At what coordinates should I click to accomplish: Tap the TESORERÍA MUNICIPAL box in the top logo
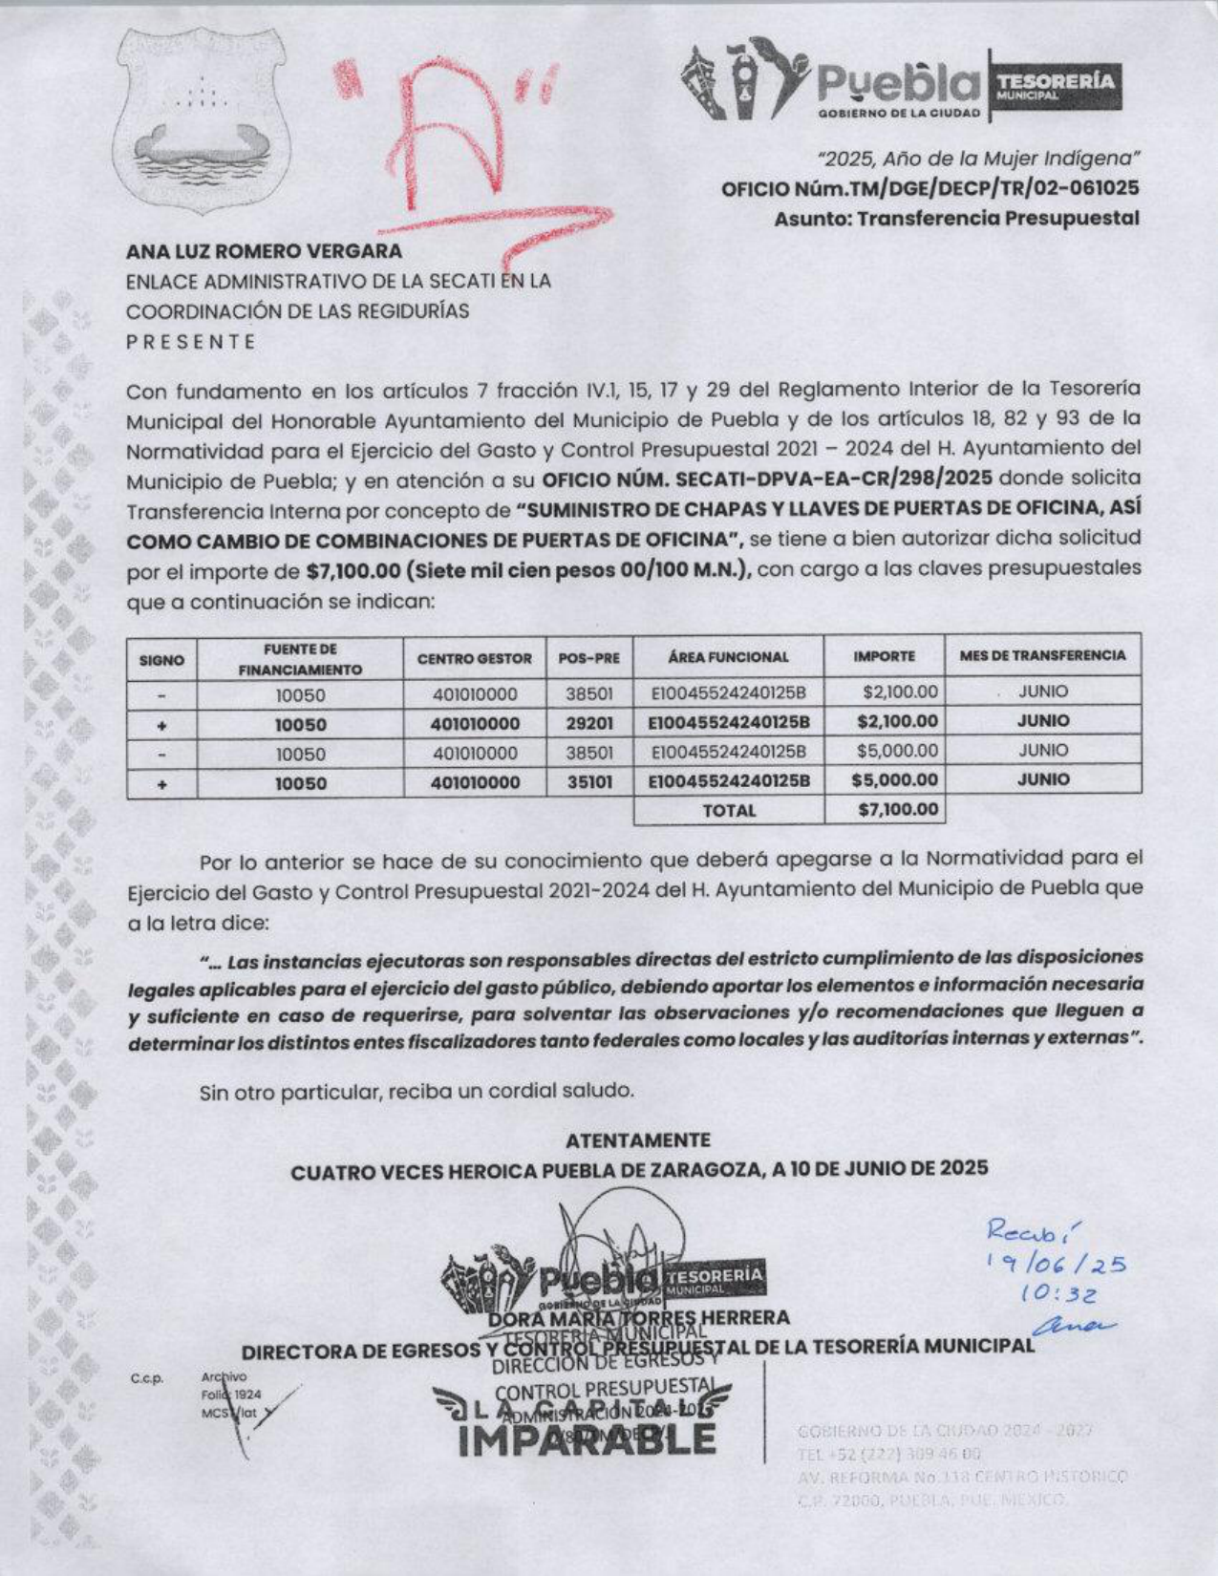pyautogui.click(x=1055, y=86)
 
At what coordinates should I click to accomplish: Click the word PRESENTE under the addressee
pyautogui.click(x=191, y=341)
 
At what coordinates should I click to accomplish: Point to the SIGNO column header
pyautogui.click(x=161, y=659)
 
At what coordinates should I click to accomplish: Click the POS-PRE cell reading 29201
pyautogui.click(x=589, y=723)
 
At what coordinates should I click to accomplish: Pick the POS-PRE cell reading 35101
pyautogui.click(x=589, y=782)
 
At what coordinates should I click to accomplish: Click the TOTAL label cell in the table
pyautogui.click(x=729, y=811)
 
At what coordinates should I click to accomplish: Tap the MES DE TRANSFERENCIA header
pyautogui.click(x=1042, y=656)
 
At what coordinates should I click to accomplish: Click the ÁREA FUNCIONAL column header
pyautogui.click(x=728, y=657)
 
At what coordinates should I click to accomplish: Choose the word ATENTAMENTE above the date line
pyautogui.click(x=638, y=1140)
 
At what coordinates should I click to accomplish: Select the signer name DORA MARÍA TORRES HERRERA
pyautogui.click(x=638, y=1319)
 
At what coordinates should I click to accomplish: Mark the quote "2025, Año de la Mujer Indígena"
pyautogui.click(x=977, y=159)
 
